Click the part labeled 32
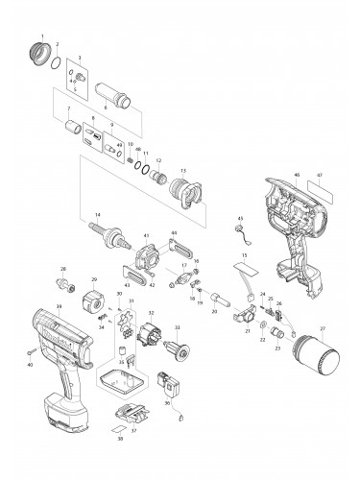click(149, 336)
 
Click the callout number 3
click(80, 58)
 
